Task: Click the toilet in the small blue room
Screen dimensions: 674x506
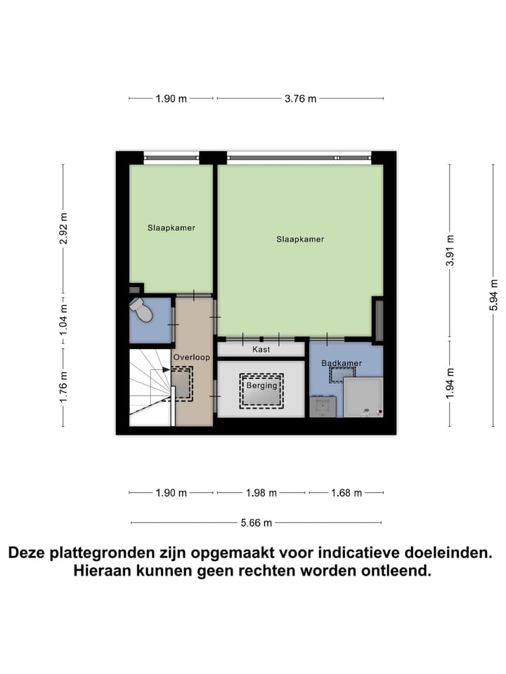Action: (x=143, y=310)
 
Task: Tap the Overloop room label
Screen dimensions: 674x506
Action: (x=192, y=357)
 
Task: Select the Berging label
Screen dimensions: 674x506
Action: (x=261, y=385)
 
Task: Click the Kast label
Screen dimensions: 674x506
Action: (x=261, y=349)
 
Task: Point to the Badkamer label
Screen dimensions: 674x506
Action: (x=342, y=363)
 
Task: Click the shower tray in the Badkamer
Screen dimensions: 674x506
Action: (x=363, y=397)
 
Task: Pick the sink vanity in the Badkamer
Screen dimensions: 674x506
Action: (x=323, y=407)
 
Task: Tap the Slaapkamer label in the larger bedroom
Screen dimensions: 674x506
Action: (x=300, y=239)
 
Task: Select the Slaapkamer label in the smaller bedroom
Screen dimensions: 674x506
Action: (x=171, y=228)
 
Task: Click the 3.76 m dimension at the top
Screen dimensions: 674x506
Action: (x=300, y=99)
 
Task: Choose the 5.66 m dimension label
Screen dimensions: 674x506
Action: (x=257, y=522)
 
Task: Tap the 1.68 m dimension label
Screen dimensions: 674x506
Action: (x=346, y=493)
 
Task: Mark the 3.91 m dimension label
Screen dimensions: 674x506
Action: (x=450, y=251)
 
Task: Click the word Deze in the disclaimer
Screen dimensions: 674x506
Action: (x=28, y=553)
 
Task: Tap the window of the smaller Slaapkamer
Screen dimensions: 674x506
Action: (x=171, y=158)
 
